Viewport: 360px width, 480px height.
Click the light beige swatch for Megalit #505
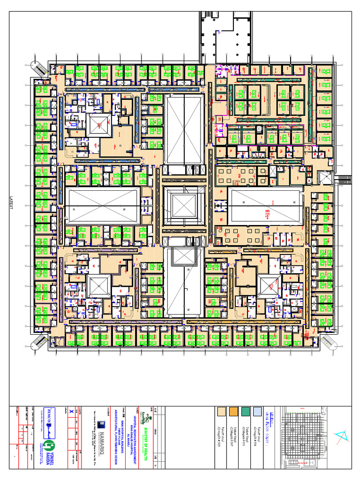(223, 411)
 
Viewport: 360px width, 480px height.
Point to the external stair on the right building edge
(345, 179)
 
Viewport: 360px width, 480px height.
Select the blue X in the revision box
(71, 411)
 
